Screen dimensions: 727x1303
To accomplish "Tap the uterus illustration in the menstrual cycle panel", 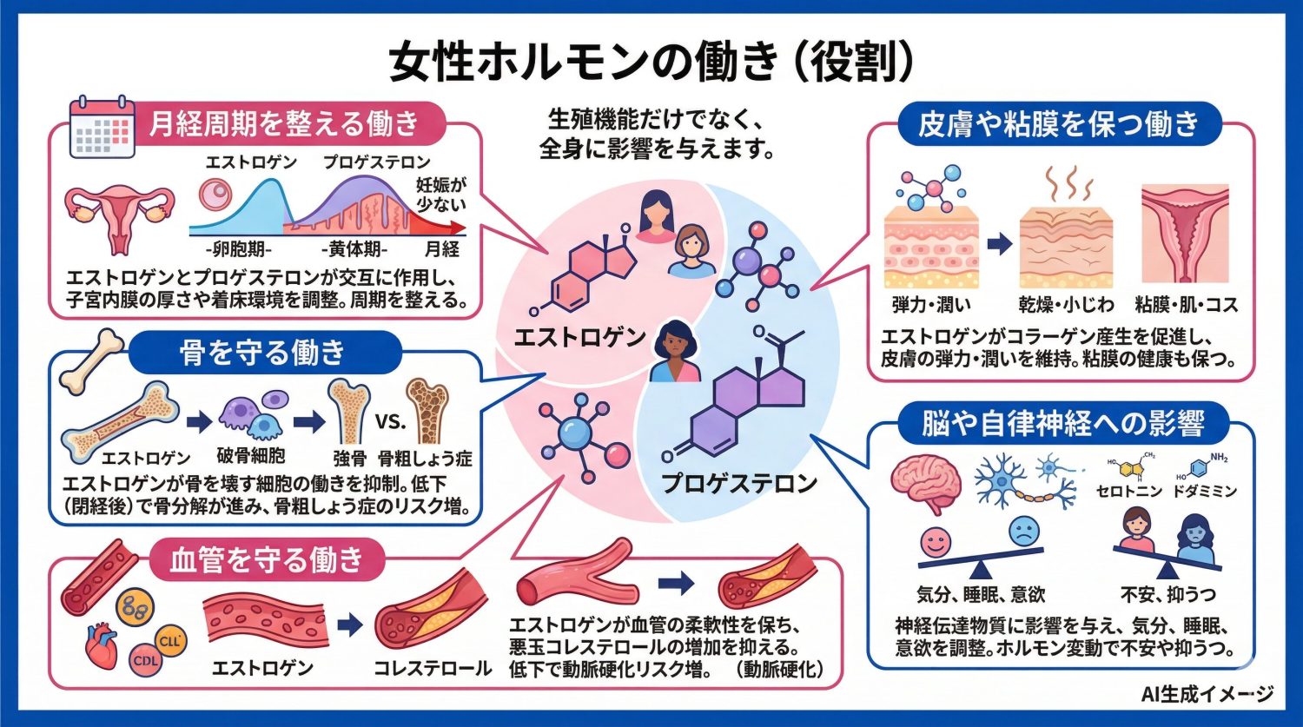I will tap(120, 215).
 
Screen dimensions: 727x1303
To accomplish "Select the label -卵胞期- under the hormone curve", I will tap(241, 250).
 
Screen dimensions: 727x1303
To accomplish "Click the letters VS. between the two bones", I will tap(390, 423).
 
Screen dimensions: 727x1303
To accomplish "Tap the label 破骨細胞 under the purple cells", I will tap(250, 456).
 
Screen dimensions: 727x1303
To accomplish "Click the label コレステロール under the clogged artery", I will tap(433, 669).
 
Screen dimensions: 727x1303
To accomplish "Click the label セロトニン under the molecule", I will tap(1129, 492).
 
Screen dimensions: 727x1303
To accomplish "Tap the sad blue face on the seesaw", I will tap(1024, 531).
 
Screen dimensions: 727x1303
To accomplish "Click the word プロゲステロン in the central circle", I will tap(739, 483).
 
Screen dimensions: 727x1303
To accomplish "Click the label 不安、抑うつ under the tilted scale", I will tap(1167, 595).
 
